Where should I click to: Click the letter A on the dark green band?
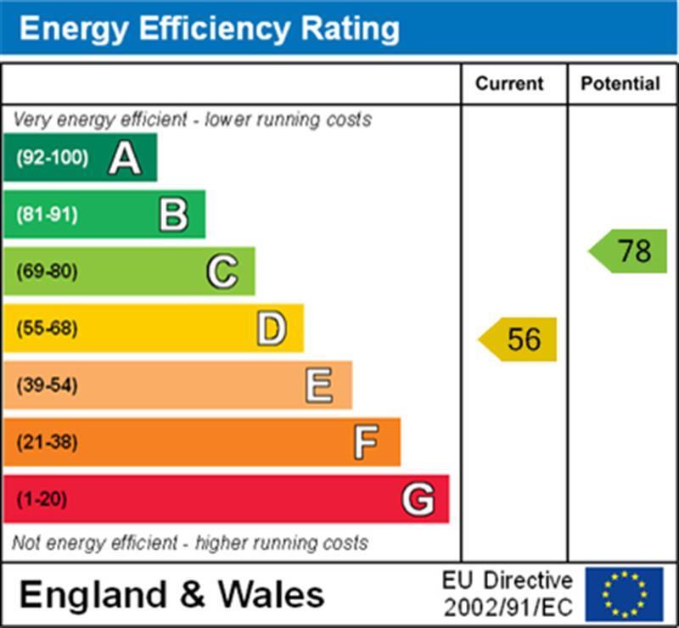(x=124, y=158)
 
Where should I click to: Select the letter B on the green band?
(x=173, y=215)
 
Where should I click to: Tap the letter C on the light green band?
(x=222, y=272)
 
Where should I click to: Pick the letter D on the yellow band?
(x=271, y=328)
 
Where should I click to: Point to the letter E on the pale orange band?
(x=319, y=385)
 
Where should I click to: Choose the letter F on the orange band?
(x=367, y=442)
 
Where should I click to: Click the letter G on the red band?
(x=418, y=499)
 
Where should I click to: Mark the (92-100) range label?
(x=52, y=158)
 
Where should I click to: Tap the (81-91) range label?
(x=47, y=215)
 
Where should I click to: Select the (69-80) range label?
(x=47, y=272)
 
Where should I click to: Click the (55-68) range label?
(x=47, y=328)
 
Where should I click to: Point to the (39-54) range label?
(x=47, y=385)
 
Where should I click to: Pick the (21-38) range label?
(x=47, y=442)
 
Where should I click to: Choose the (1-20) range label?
(x=42, y=499)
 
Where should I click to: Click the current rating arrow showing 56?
(x=519, y=339)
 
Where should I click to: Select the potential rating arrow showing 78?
(x=629, y=251)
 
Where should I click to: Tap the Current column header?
(x=509, y=84)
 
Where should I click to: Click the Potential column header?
(x=620, y=84)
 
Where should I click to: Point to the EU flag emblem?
(x=624, y=594)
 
